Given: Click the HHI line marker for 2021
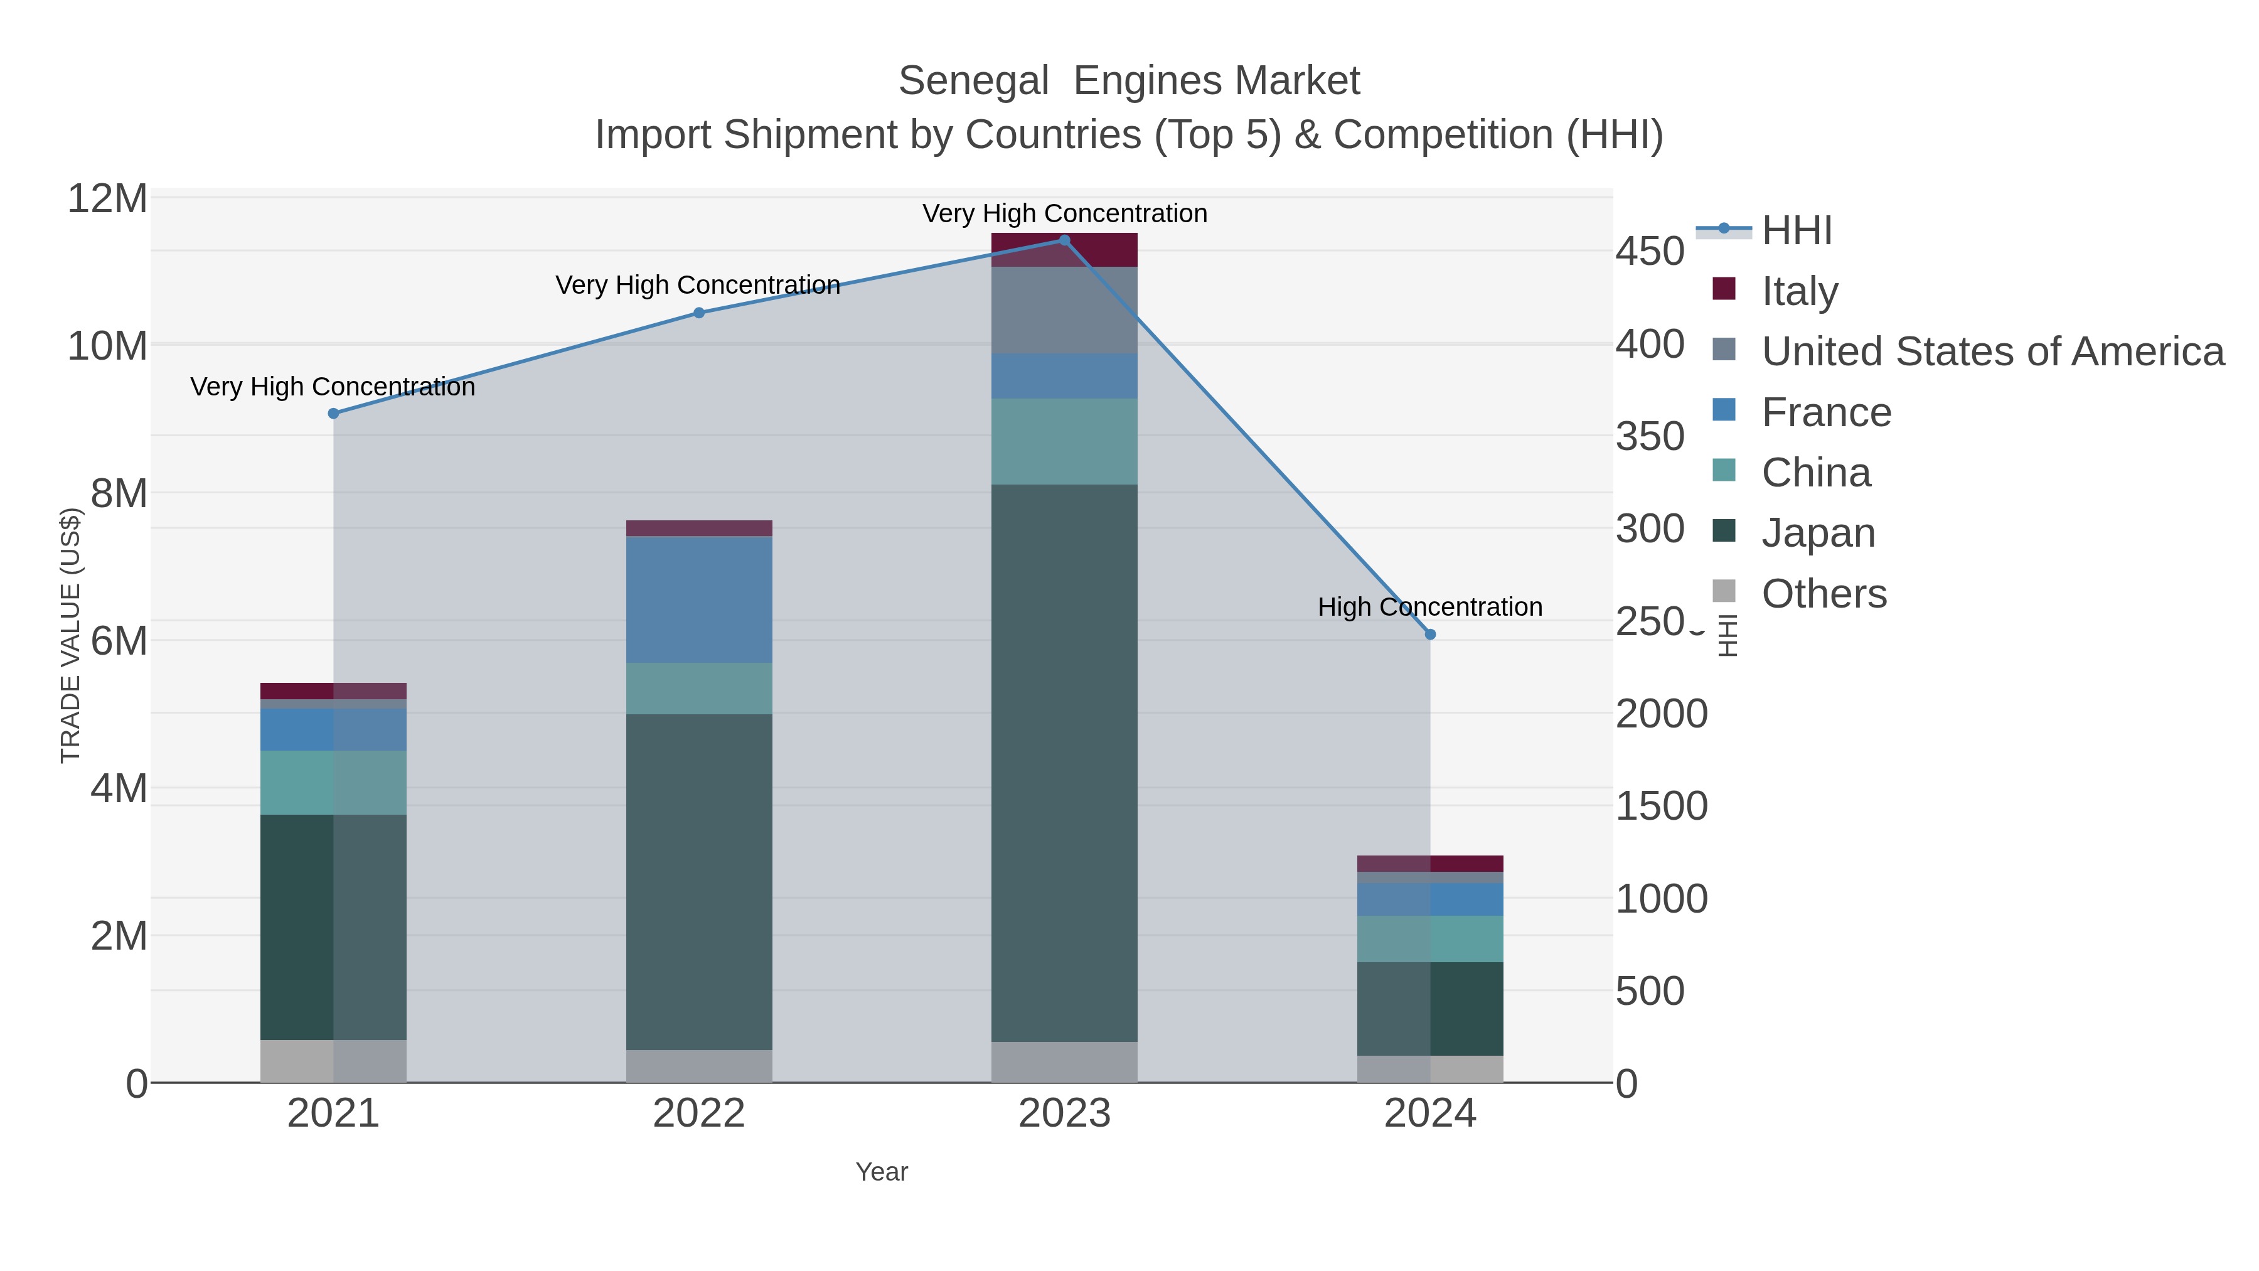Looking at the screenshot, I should pyautogui.click(x=333, y=413).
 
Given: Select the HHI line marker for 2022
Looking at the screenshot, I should pyautogui.click(x=699, y=313).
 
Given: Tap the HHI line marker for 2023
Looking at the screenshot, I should pyautogui.click(x=1065, y=240).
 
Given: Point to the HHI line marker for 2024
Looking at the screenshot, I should pyautogui.click(x=1430, y=634).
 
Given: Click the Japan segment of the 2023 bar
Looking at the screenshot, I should pyautogui.click(x=1065, y=763).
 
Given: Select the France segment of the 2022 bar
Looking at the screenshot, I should pyautogui.click(x=699, y=599).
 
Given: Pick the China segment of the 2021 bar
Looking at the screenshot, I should pyautogui.click(x=333, y=783).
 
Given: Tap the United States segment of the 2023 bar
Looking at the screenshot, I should pyautogui.click(x=1065, y=311).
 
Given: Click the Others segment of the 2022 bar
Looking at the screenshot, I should pyautogui.click(x=699, y=1066).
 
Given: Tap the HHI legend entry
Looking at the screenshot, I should pyautogui.click(x=1796, y=231).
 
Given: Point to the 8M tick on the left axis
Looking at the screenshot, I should pyautogui.click(x=119, y=493).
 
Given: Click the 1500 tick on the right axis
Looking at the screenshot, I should pyautogui.click(x=1661, y=806).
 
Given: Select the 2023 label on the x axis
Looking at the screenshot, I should pyautogui.click(x=1065, y=1113).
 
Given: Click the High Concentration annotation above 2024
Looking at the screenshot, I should pyautogui.click(x=1429, y=607).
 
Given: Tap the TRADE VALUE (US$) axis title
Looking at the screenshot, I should pyautogui.click(x=70, y=635).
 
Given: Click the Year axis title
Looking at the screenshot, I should pyautogui.click(x=882, y=1172).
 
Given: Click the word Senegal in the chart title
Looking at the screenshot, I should pyautogui.click(x=973, y=82).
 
